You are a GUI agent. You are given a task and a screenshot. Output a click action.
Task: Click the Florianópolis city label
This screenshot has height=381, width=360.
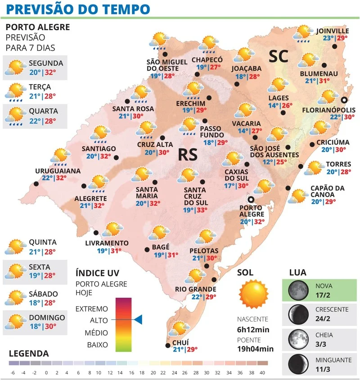(328, 110)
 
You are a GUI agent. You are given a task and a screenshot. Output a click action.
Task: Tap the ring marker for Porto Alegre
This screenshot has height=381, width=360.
(251, 200)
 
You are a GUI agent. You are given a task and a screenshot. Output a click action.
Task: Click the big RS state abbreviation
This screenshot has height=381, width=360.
(188, 155)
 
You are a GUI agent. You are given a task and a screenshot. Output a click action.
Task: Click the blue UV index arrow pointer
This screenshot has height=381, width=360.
(138, 320)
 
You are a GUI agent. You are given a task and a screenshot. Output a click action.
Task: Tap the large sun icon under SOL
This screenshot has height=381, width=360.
(253, 293)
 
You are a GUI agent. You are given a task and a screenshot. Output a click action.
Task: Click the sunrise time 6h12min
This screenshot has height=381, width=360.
(253, 330)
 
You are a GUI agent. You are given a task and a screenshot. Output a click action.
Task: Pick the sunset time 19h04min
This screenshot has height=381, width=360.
(255, 349)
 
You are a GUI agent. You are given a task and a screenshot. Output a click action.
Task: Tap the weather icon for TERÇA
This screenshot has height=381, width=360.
(15, 92)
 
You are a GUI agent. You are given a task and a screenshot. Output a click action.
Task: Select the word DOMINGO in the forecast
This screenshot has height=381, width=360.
(47, 317)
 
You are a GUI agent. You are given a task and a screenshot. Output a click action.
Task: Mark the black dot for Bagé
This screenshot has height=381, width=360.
(146, 249)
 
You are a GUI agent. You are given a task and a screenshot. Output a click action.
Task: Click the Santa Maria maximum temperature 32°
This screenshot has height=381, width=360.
(155, 204)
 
